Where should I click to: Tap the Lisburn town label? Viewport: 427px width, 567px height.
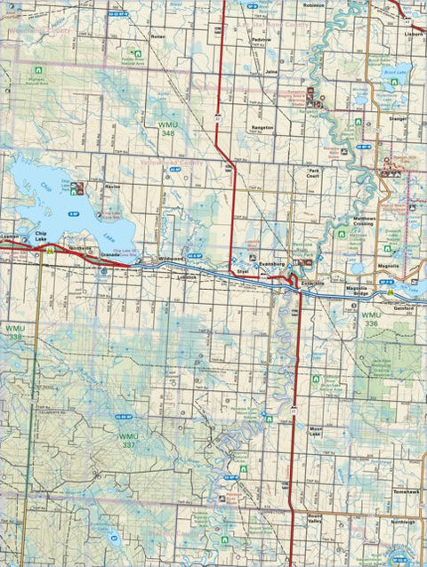[x=412, y=33]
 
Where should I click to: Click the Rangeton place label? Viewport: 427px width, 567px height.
[x=262, y=127]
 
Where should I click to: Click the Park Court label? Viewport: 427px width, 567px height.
[x=313, y=174]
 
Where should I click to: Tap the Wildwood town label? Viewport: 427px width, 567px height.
[x=171, y=258]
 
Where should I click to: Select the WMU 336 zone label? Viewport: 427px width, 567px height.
[x=371, y=319]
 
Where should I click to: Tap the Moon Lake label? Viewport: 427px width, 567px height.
[x=320, y=435]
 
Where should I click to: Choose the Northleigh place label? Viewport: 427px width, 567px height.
[x=402, y=522]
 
